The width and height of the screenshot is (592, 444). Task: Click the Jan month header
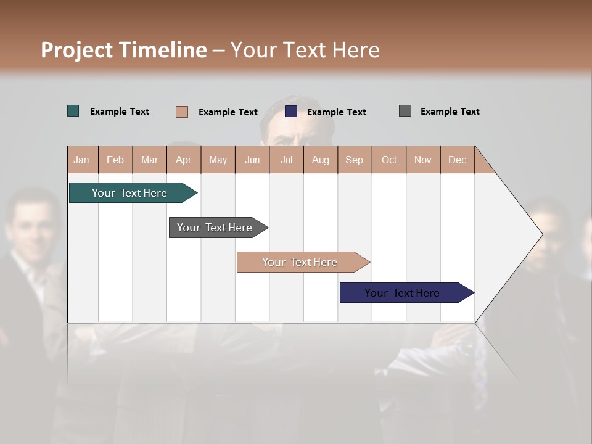(82, 160)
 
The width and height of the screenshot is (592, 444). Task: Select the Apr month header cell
(184, 160)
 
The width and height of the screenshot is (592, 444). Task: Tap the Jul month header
(286, 160)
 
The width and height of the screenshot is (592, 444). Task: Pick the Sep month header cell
(355, 160)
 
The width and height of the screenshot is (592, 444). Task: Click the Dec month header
(457, 160)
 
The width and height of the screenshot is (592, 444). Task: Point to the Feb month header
(115, 160)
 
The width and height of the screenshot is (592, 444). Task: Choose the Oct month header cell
(389, 160)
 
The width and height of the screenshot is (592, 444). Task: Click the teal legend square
(73, 111)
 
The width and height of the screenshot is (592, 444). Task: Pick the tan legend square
(182, 112)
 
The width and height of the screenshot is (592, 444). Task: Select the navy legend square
(291, 112)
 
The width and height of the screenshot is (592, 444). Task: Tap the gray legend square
(405, 111)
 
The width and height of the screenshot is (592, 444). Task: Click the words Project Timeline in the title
(124, 50)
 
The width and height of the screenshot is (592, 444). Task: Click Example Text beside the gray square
(450, 112)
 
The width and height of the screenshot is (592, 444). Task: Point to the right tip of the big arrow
(541, 234)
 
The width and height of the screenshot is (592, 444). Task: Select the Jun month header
(252, 160)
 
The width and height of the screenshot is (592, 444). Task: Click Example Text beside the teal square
(120, 112)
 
